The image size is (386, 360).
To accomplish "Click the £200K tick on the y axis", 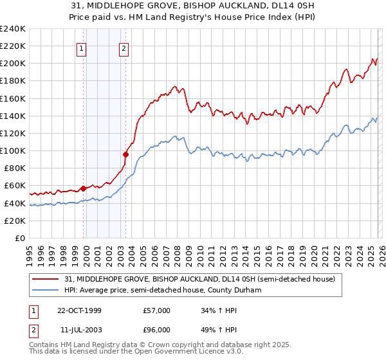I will [x=13, y=64].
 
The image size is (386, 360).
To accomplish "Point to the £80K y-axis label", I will [x=14, y=168].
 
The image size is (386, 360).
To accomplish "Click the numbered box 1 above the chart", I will [x=83, y=47].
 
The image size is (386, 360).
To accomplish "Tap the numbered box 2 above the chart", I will [x=123, y=47].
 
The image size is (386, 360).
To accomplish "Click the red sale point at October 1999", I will [x=84, y=188].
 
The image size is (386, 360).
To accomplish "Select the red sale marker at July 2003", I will [x=125, y=154].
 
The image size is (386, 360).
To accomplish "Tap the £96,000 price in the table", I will [x=157, y=330].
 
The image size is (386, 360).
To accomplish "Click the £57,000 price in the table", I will [x=157, y=310].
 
